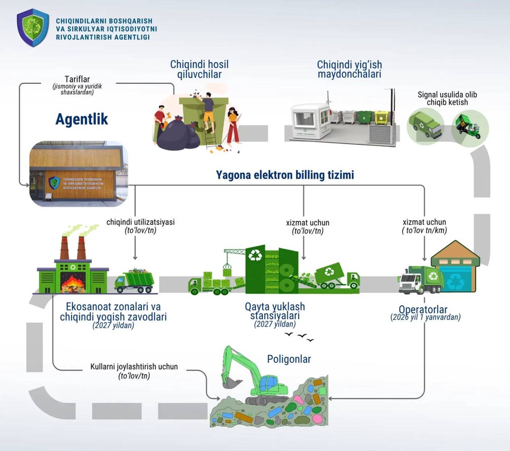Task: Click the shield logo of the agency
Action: click(x=33, y=28)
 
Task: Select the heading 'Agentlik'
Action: click(x=82, y=119)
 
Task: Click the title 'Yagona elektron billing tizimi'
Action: click(x=285, y=175)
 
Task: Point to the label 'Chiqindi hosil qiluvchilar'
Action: click(x=199, y=69)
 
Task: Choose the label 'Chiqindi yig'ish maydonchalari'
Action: click(x=349, y=69)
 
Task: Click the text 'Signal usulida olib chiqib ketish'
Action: click(x=447, y=98)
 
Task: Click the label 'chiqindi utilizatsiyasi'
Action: click(x=141, y=222)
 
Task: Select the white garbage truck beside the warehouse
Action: click(x=420, y=280)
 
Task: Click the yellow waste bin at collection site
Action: click(x=382, y=118)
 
